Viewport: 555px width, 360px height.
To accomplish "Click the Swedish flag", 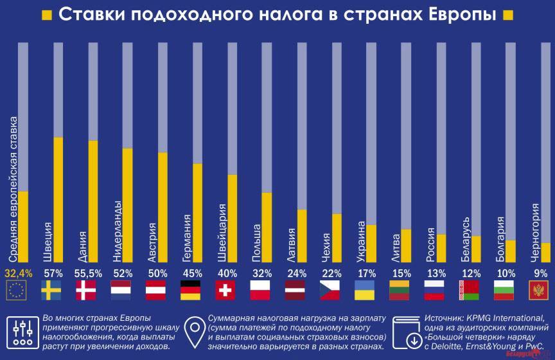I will pos(51,291).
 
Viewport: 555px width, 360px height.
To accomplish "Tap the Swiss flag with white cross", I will pos(225,291).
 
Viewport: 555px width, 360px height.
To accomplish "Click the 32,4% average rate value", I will pos(18,273).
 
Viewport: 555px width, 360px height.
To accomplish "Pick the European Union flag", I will pos(17,291).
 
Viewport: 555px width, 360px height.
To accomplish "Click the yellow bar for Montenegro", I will pos(545,253).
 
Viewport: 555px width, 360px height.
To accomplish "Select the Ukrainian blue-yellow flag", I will pos(365,291).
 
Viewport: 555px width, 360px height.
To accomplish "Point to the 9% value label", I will pos(540,273).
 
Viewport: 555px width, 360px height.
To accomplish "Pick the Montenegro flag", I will pos(538,291).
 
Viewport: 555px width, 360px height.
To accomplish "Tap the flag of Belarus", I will pos(469,291).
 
